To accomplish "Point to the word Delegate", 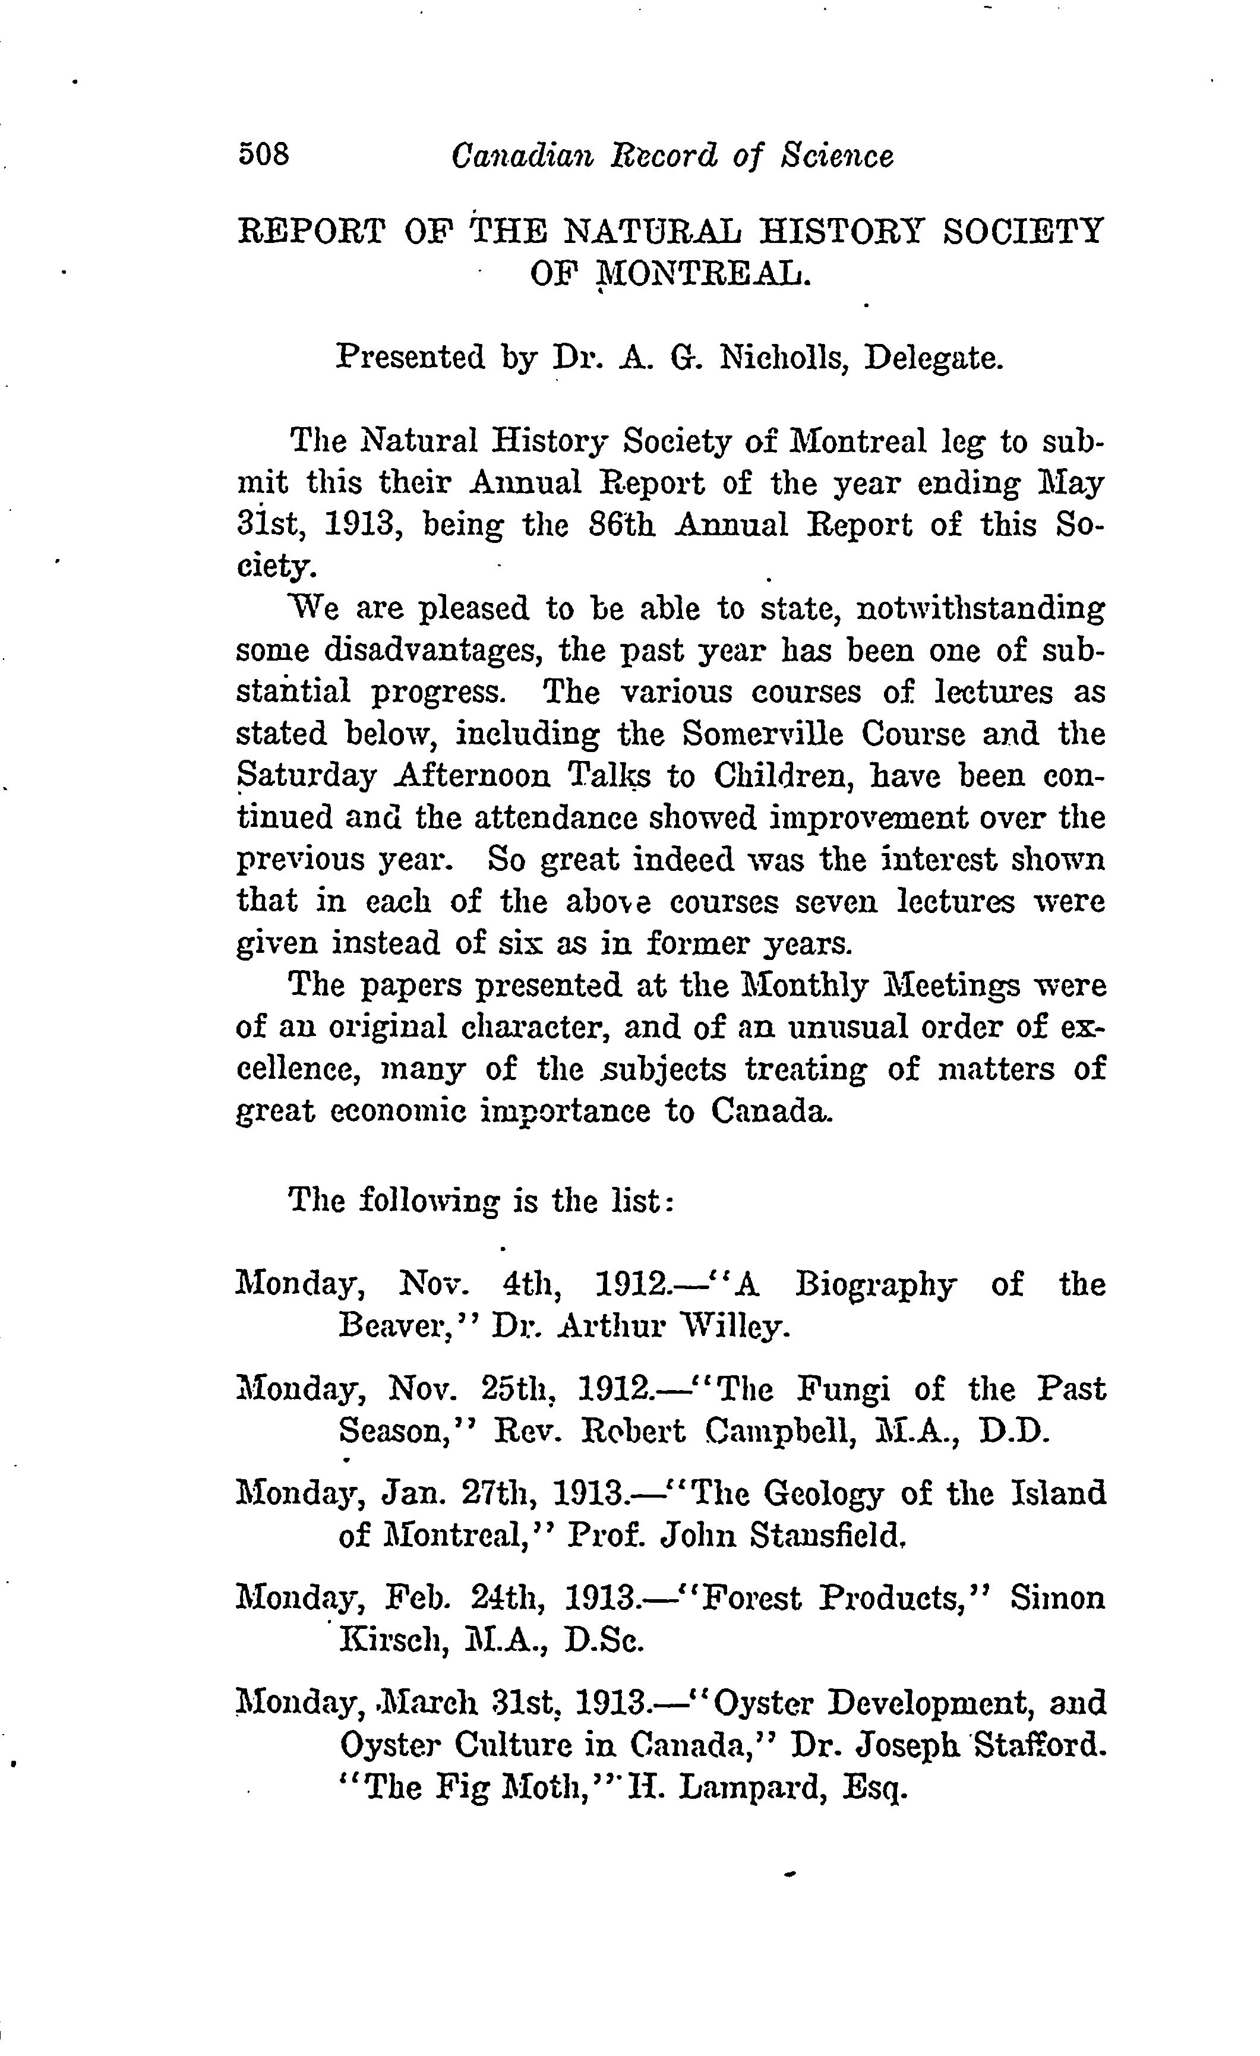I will pos(933,358).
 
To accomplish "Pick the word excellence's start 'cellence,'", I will pos(299,1070).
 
